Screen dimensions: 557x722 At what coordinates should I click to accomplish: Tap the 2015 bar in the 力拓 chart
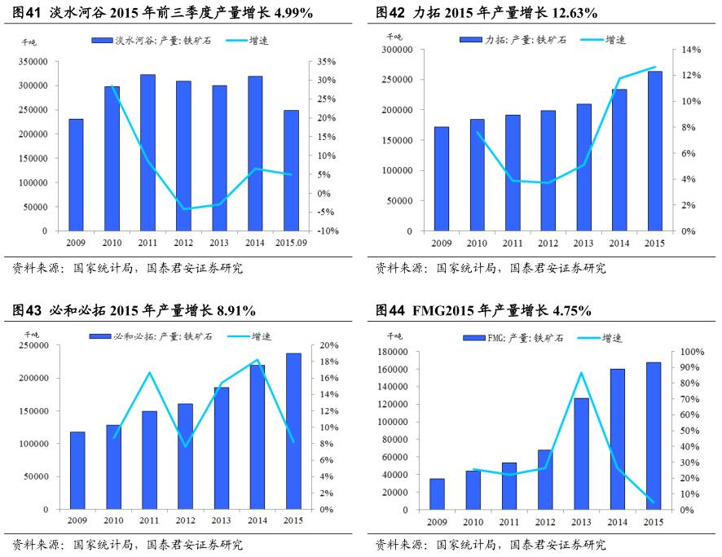pyautogui.click(x=655, y=151)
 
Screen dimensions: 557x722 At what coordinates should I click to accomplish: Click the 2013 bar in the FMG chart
pyautogui.click(x=582, y=454)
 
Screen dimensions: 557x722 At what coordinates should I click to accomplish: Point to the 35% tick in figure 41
pyautogui.click(x=326, y=61)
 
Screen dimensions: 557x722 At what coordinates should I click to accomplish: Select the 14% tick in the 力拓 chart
pyautogui.click(x=691, y=50)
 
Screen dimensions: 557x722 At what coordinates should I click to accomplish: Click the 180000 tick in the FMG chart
pyautogui.click(x=394, y=352)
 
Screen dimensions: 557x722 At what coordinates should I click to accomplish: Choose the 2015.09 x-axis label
pyautogui.click(x=292, y=243)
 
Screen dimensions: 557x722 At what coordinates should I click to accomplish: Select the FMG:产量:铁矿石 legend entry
pyautogui.click(x=500, y=336)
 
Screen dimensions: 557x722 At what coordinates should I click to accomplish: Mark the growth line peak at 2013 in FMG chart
pyautogui.click(x=581, y=373)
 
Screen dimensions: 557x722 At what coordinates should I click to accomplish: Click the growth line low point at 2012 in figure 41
pyautogui.click(x=185, y=209)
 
